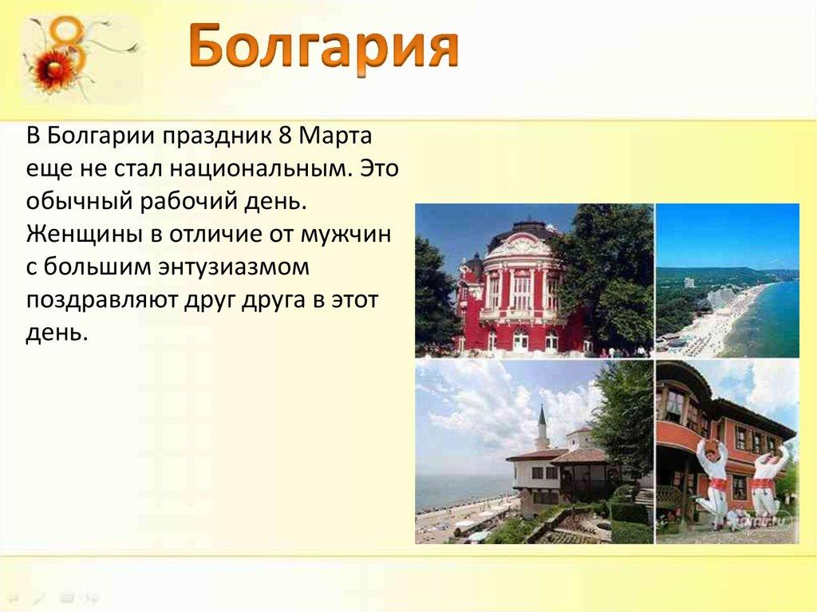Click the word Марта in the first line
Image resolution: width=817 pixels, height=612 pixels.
point(336,136)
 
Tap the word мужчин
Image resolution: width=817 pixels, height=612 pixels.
point(345,235)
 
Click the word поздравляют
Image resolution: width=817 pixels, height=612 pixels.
point(102,302)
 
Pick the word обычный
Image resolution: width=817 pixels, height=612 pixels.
point(79,202)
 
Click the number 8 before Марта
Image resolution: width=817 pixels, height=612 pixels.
point(285,136)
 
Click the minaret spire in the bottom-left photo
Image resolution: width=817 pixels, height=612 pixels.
point(542,423)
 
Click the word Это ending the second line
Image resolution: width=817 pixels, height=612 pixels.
point(380,168)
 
